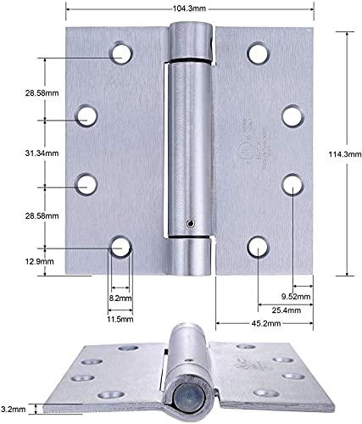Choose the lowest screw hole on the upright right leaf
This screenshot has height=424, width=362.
point(257,247)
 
